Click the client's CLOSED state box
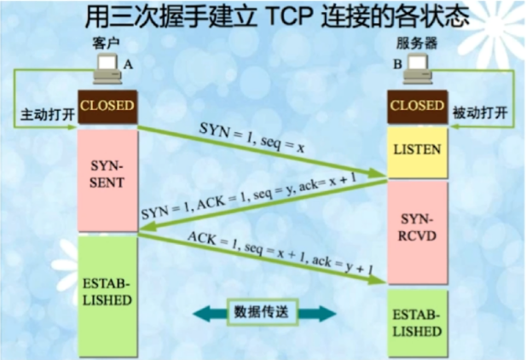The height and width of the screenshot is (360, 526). tap(107, 107)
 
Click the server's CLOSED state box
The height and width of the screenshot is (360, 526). tap(417, 107)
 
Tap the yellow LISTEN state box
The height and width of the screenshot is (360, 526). tap(417, 150)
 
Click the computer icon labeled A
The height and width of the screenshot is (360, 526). tap(107, 67)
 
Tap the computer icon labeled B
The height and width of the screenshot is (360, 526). tap(419, 67)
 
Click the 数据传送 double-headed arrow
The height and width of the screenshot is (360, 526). tap(262, 312)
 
